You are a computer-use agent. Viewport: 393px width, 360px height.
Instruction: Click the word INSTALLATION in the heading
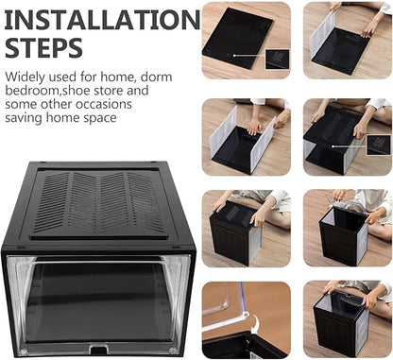(102, 20)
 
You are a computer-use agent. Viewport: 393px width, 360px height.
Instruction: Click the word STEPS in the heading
(43, 47)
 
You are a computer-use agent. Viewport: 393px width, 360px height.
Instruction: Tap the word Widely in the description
(26, 77)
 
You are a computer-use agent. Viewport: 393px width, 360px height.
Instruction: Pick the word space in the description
(100, 119)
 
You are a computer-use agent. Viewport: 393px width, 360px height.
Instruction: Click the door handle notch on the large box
(98, 349)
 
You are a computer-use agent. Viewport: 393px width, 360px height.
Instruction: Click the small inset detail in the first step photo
(277, 59)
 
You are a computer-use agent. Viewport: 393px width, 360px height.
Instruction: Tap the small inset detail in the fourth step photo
(379, 145)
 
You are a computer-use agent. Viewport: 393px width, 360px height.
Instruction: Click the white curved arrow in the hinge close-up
(256, 324)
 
